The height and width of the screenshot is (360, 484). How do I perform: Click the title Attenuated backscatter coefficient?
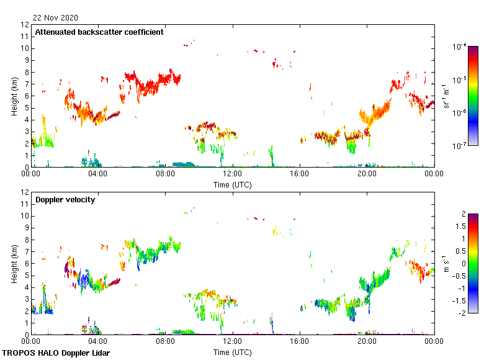[99, 32]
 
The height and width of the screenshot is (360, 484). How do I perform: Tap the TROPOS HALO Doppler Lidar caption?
[49, 353]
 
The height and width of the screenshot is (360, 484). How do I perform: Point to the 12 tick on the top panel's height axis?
[25, 25]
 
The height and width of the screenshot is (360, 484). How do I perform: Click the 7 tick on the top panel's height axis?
[25, 84]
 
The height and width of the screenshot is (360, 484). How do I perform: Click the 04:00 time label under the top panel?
[98, 174]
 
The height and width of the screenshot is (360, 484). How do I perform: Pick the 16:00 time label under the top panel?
[300, 174]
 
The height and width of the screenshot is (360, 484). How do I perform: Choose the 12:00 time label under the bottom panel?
[233, 341]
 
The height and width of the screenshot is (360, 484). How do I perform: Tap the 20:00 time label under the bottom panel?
[367, 341]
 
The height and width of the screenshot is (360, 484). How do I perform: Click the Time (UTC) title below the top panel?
[233, 184]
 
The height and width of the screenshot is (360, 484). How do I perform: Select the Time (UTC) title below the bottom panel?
[233, 352]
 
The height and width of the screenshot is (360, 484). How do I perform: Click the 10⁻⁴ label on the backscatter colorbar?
[460, 47]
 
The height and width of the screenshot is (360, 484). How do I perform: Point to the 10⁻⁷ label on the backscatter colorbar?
[460, 146]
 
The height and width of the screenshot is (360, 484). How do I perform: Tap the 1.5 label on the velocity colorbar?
[463, 226]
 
